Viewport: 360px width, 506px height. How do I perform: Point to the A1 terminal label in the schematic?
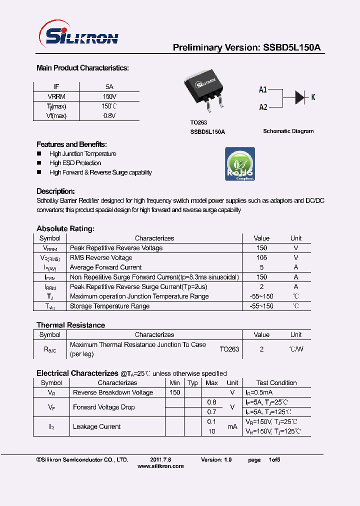point(263,90)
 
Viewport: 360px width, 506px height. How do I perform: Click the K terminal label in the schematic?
point(313,97)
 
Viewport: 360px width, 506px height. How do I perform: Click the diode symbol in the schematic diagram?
point(299,97)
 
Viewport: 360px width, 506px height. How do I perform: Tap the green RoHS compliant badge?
point(240,164)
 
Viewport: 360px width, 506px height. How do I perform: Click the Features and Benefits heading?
point(71,144)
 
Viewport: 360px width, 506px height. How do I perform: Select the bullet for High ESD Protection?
point(39,163)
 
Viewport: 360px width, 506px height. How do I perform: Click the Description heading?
point(55,191)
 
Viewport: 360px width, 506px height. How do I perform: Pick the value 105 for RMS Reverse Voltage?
point(261,258)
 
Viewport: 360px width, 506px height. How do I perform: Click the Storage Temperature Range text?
point(109,306)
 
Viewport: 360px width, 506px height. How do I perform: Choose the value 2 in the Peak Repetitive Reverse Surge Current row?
point(261,287)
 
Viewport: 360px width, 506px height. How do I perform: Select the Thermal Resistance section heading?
point(70,325)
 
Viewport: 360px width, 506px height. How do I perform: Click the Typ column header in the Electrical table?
point(192,383)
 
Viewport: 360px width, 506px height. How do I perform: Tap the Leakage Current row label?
point(96,426)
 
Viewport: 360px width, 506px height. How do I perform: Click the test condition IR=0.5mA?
point(258,393)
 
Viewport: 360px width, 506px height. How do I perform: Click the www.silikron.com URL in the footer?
point(160,466)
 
